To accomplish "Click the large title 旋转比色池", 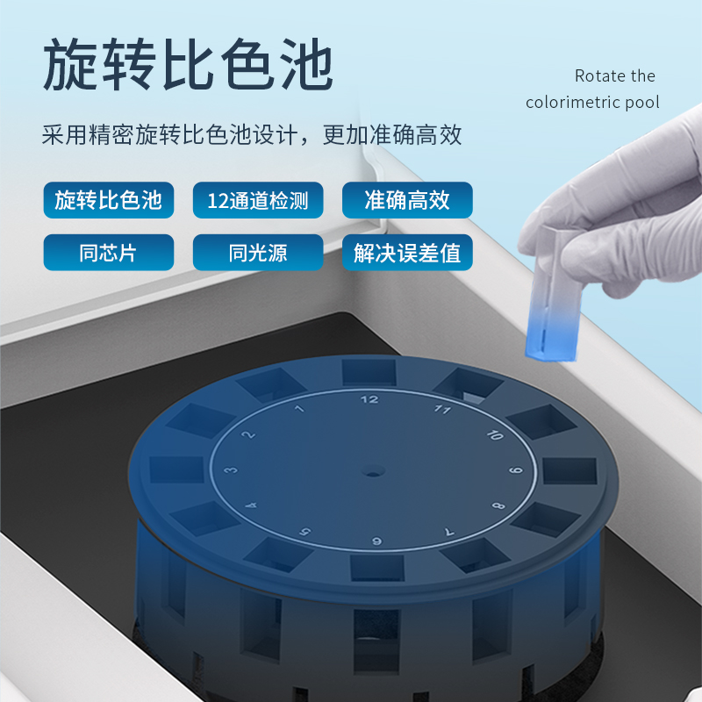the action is click(188, 64).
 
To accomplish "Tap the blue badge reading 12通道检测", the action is click(258, 200).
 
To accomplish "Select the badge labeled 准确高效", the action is click(407, 200).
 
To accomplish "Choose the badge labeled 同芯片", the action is click(108, 253).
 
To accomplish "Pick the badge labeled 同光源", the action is click(258, 253).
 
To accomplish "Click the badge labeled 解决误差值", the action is click(407, 253).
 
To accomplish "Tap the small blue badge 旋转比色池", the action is click(108, 200).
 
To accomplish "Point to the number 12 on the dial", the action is click(369, 399).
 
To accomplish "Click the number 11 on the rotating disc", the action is click(443, 409).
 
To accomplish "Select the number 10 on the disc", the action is click(495, 434).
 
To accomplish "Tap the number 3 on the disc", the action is click(231, 470).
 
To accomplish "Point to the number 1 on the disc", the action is click(299, 408).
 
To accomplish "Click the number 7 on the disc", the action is click(449, 532).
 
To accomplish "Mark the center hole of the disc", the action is click(372, 471).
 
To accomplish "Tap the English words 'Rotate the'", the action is click(615, 76).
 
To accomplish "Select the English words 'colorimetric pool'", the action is click(592, 103).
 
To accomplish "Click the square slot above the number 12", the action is click(369, 372).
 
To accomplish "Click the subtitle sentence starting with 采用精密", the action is click(252, 135).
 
